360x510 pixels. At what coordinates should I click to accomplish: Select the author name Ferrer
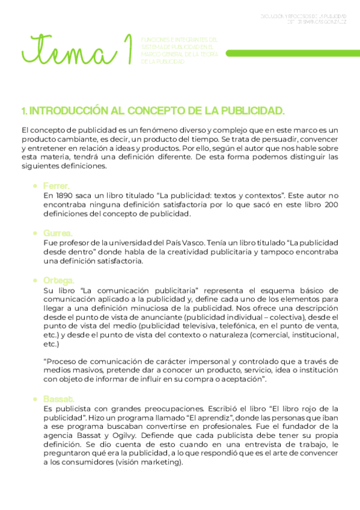[56, 186]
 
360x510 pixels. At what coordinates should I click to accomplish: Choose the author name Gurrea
[58, 233]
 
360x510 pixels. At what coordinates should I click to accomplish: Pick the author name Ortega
[58, 280]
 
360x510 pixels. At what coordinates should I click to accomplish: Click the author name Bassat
[58, 399]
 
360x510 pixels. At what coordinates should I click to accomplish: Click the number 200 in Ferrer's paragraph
[330, 205]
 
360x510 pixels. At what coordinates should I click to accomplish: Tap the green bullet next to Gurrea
[37, 233]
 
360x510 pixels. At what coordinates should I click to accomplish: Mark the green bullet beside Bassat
[37, 399]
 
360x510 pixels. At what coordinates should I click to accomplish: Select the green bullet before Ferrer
[37, 187]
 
